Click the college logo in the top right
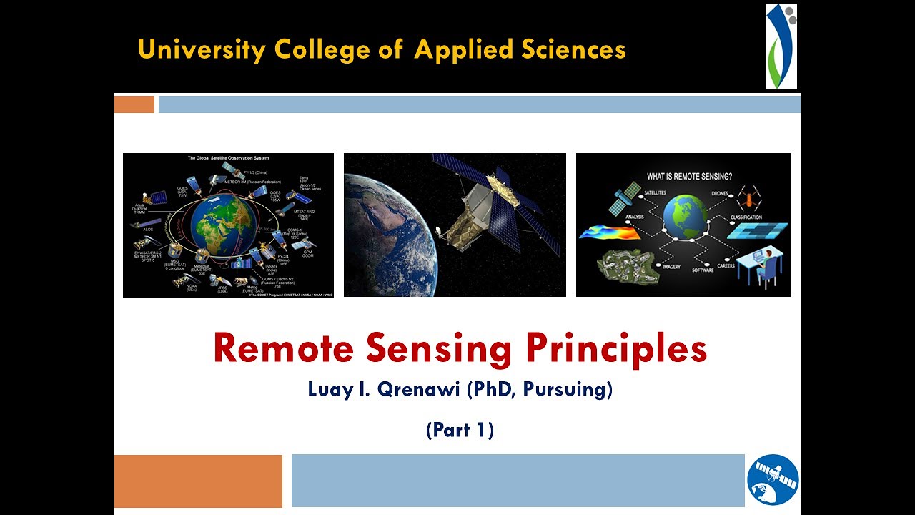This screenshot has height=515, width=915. (x=781, y=46)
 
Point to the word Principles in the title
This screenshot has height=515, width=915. (x=616, y=348)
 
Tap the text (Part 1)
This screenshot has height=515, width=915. (x=460, y=430)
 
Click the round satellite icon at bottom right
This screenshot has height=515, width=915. (x=773, y=480)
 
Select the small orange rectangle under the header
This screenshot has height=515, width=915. (x=134, y=104)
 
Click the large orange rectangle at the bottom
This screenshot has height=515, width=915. (x=198, y=481)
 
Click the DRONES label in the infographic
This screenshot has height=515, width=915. (x=719, y=193)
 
